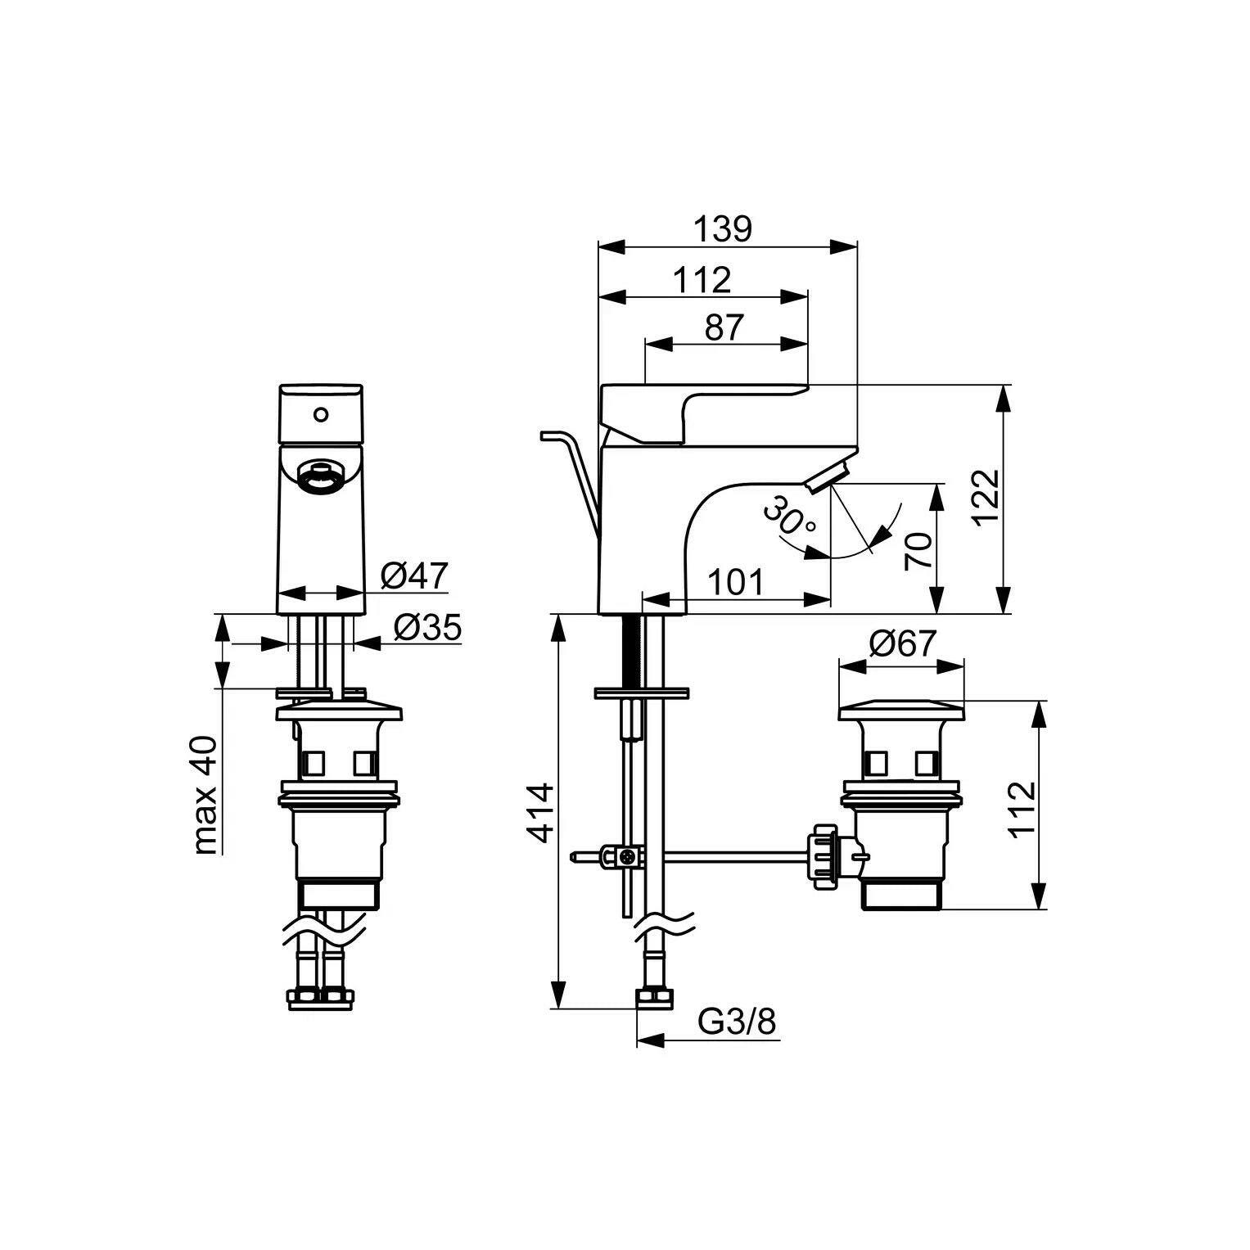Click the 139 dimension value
pos(723,229)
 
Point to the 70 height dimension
pos(918,551)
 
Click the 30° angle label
pos(791,521)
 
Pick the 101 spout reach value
pos(735,582)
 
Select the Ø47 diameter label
pos(415,576)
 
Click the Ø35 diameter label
pos(427,628)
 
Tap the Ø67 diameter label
pos(900,644)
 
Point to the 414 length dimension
pos(539,813)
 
